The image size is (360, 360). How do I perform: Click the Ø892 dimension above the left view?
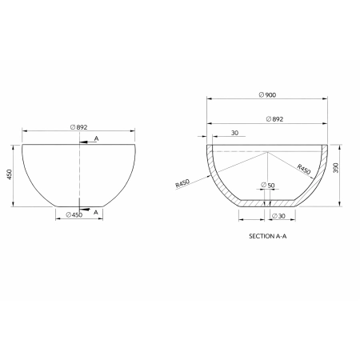79,126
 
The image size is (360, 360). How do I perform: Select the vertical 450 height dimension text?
9,176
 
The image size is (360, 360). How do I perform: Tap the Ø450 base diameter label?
75,214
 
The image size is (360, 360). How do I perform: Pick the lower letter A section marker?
95,212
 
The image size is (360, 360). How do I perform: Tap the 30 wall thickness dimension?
234,133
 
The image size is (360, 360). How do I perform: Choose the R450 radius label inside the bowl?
303,169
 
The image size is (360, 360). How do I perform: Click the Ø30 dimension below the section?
278,216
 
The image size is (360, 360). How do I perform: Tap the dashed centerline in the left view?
79,176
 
